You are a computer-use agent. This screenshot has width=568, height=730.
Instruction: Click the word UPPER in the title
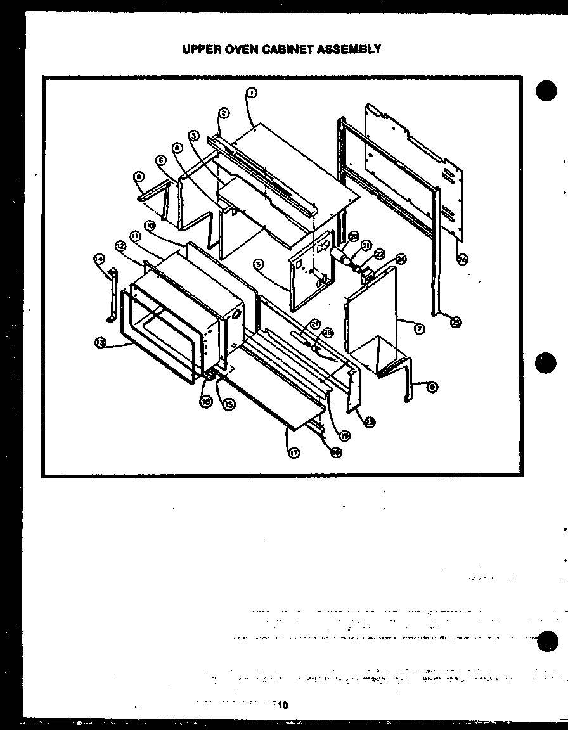[200, 49]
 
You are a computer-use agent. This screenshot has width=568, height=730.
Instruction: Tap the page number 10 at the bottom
[283, 705]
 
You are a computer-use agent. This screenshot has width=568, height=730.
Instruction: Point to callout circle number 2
[224, 113]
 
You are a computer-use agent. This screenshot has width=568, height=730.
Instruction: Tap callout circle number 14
[99, 258]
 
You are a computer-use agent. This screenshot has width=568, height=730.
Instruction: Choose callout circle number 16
[206, 401]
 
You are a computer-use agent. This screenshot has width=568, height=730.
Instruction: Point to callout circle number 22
[380, 253]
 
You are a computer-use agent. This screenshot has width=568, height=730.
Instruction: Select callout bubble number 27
[316, 323]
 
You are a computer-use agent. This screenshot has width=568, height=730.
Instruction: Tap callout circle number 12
[120, 245]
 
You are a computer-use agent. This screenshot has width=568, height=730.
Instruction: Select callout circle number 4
[177, 147]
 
